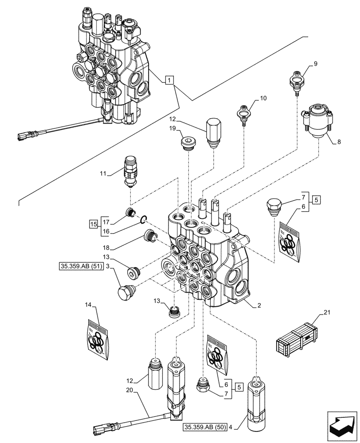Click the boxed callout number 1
[170, 80]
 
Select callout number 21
[327, 313]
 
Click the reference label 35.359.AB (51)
[81, 267]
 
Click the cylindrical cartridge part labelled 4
[258, 398]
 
